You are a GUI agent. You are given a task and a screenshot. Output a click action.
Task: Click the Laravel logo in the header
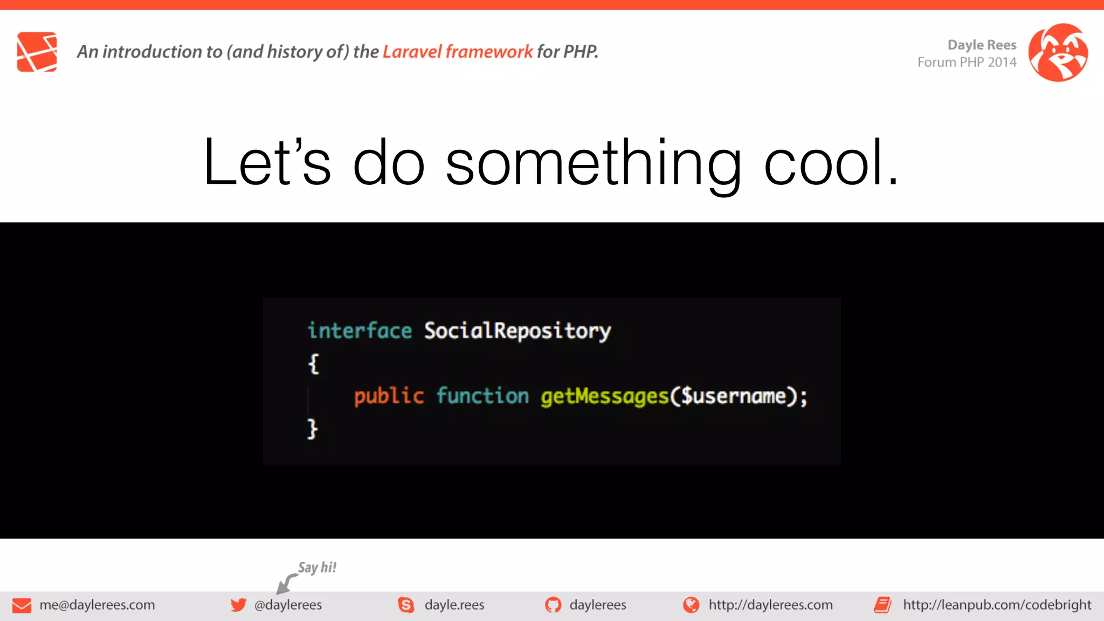(37, 52)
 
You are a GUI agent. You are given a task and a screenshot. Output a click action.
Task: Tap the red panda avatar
(1058, 52)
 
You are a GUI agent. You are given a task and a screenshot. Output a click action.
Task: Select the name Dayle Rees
(982, 45)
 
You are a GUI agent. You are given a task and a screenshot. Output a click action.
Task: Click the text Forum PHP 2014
(967, 63)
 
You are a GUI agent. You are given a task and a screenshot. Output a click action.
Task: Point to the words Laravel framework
(457, 52)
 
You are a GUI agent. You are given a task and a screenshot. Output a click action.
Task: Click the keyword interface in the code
(360, 330)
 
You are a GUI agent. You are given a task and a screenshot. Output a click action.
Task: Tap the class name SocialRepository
(517, 331)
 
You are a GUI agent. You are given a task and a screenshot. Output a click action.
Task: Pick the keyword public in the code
(389, 396)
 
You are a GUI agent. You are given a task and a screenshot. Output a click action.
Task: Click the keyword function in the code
(482, 396)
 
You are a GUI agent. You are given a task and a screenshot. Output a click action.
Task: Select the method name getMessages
(604, 397)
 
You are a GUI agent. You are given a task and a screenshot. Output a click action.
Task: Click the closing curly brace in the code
(313, 429)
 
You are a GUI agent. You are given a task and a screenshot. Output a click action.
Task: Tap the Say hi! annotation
(317, 567)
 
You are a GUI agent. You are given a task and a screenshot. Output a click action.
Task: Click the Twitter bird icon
(238, 605)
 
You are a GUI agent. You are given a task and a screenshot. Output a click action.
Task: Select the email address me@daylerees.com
(97, 605)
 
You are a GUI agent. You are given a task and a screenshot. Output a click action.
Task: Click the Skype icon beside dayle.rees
(406, 605)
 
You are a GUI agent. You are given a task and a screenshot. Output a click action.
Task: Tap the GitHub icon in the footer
(553, 605)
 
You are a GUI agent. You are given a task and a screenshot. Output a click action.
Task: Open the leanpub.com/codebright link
(997, 605)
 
